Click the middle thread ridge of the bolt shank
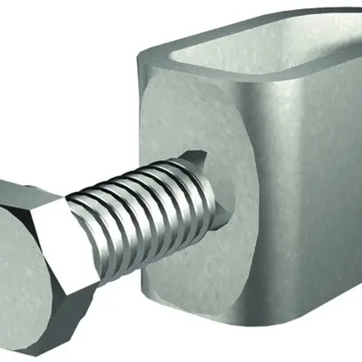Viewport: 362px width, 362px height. coord(142,213)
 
